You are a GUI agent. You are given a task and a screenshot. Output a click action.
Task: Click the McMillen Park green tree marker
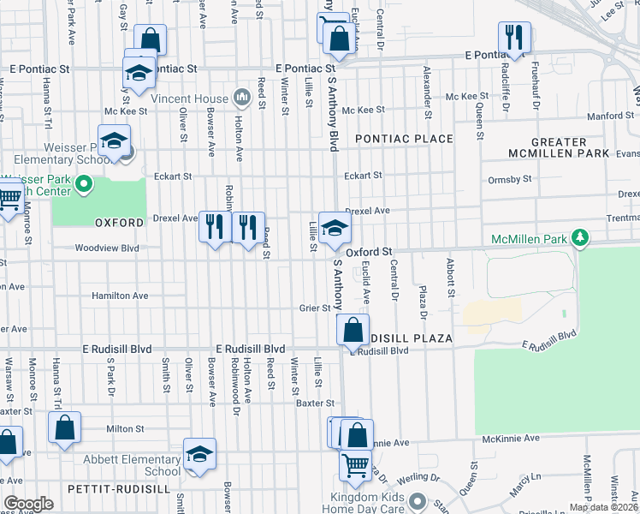(x=581, y=237)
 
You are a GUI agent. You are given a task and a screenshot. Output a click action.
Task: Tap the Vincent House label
(x=190, y=99)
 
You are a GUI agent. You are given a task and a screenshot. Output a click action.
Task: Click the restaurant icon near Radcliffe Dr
(x=515, y=37)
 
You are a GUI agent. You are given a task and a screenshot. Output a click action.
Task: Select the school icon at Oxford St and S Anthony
(x=335, y=227)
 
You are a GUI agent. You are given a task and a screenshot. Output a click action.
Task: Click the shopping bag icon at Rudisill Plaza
(x=353, y=330)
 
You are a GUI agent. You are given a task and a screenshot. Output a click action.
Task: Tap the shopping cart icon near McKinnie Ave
(x=356, y=465)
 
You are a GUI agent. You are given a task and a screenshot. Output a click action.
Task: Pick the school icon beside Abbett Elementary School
(x=199, y=454)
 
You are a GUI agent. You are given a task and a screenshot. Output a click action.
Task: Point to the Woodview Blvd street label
(x=106, y=248)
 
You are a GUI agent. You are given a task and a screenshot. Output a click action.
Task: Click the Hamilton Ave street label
(x=120, y=296)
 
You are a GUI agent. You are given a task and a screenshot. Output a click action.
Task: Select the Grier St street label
(x=314, y=308)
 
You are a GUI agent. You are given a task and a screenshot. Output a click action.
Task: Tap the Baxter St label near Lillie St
(x=314, y=403)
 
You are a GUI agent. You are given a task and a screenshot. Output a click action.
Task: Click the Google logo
(x=28, y=504)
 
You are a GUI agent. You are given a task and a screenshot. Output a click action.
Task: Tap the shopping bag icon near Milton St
(x=65, y=427)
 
